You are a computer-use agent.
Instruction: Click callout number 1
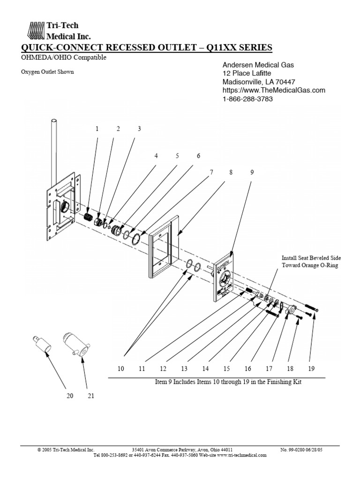pos(97,129)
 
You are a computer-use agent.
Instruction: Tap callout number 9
pos(252,172)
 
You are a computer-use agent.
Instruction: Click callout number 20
pos(70,396)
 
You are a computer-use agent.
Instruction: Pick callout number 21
pos(91,396)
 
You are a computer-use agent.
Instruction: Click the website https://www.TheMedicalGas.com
pos(273,90)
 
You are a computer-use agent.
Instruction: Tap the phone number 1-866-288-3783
pos(247,99)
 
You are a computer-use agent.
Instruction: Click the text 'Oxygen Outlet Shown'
pos(47,72)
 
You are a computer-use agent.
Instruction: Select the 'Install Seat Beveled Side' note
pos(311,258)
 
